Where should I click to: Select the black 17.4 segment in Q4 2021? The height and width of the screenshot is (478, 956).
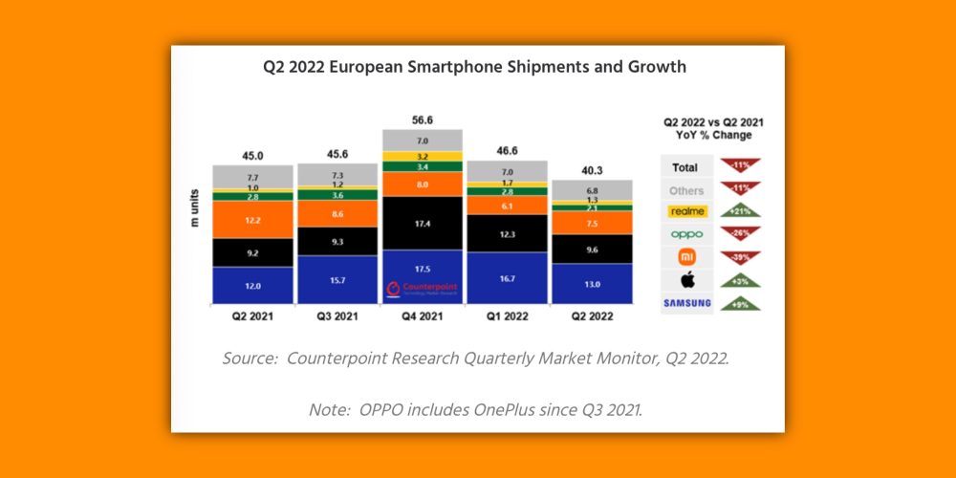[422, 223]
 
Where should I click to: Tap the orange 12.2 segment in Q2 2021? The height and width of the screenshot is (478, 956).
[253, 219]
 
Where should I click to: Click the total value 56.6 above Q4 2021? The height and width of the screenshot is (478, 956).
[422, 120]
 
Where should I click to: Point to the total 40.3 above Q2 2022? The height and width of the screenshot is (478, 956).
[592, 171]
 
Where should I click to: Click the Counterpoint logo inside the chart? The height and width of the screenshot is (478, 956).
[423, 290]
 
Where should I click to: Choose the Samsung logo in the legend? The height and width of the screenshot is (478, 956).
[686, 304]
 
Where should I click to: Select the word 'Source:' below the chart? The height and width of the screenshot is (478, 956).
[250, 359]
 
